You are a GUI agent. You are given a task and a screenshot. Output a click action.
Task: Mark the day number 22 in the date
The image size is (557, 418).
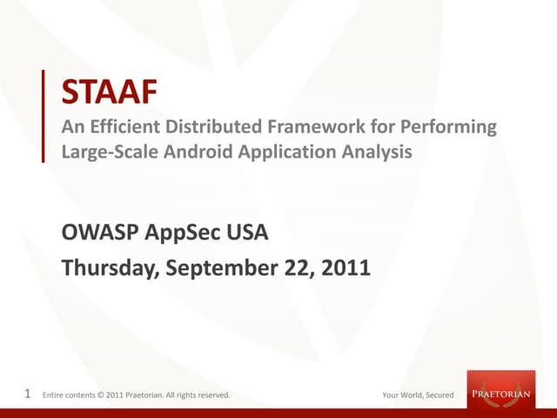click(x=293, y=269)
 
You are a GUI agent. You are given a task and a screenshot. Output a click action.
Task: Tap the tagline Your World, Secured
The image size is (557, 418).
click(x=419, y=395)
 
